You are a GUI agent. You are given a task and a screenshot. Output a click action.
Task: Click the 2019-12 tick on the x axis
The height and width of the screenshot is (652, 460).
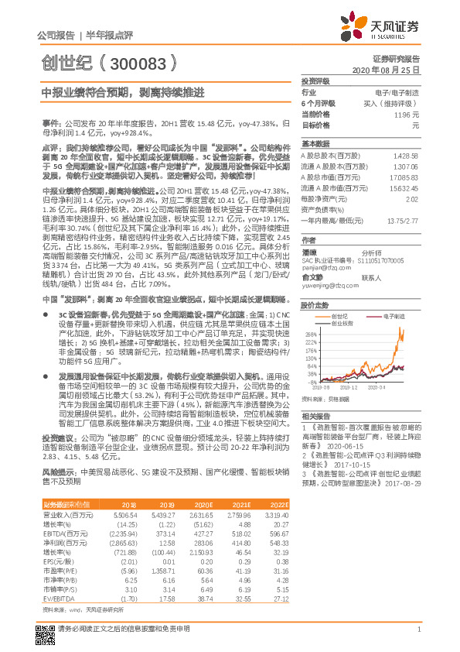click(349, 385)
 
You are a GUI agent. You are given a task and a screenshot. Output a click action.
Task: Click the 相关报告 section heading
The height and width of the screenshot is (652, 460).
click(315, 416)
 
